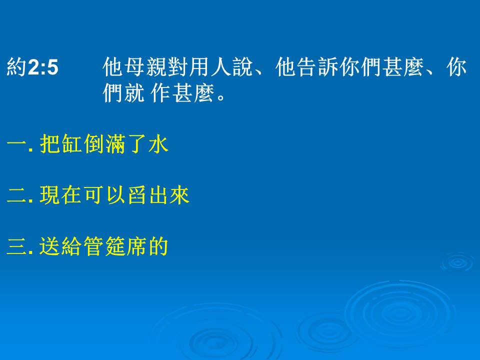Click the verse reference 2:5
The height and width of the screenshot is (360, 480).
(x=43, y=67)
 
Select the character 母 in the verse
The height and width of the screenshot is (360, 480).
(x=134, y=66)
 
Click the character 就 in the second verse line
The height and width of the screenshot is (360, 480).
(x=134, y=92)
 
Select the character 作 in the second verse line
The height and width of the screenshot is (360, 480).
(x=160, y=92)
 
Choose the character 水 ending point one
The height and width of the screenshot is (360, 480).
(x=158, y=143)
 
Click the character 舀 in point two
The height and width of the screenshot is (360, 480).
(x=137, y=194)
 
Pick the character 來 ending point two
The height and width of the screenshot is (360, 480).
(x=179, y=194)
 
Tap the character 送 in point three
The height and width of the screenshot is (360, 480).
(x=49, y=246)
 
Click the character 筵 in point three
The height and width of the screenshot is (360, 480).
(x=115, y=246)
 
